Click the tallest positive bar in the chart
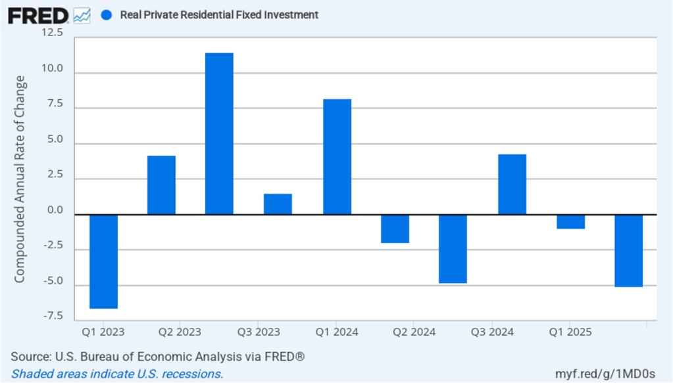tap(219, 133)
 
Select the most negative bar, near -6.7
tap(103, 261)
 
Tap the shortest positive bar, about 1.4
tap(278, 204)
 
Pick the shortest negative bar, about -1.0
tap(570, 221)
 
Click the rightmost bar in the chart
tap(628, 250)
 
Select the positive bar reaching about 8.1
tap(337, 156)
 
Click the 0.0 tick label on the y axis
tap(55, 211)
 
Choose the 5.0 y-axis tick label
tap(55, 139)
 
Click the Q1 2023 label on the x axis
tap(103, 332)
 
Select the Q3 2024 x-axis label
tap(492, 332)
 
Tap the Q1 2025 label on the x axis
tap(570, 332)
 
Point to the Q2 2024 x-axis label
tap(414, 332)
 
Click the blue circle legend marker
tap(107, 14)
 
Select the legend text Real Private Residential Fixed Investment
tap(219, 14)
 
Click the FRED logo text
tap(38, 15)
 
